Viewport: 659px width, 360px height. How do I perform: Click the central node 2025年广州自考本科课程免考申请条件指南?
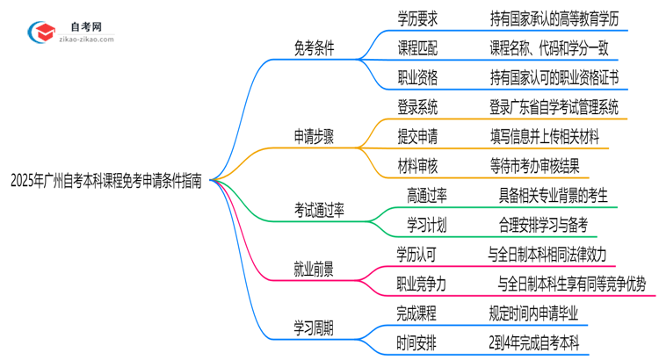pos(105,180)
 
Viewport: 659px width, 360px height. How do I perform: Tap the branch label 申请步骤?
pos(313,136)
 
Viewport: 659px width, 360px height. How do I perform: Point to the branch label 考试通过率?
pos(320,209)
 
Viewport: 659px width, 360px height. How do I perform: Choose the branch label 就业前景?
pos(313,268)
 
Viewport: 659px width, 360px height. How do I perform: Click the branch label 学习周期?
pos(313,327)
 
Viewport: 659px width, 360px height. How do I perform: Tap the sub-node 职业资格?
pos(416,78)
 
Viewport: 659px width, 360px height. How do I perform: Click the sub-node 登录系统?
pos(416,108)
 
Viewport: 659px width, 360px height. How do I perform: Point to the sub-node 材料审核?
pos(416,166)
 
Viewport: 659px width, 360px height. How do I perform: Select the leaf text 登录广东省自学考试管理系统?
pos(554,108)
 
